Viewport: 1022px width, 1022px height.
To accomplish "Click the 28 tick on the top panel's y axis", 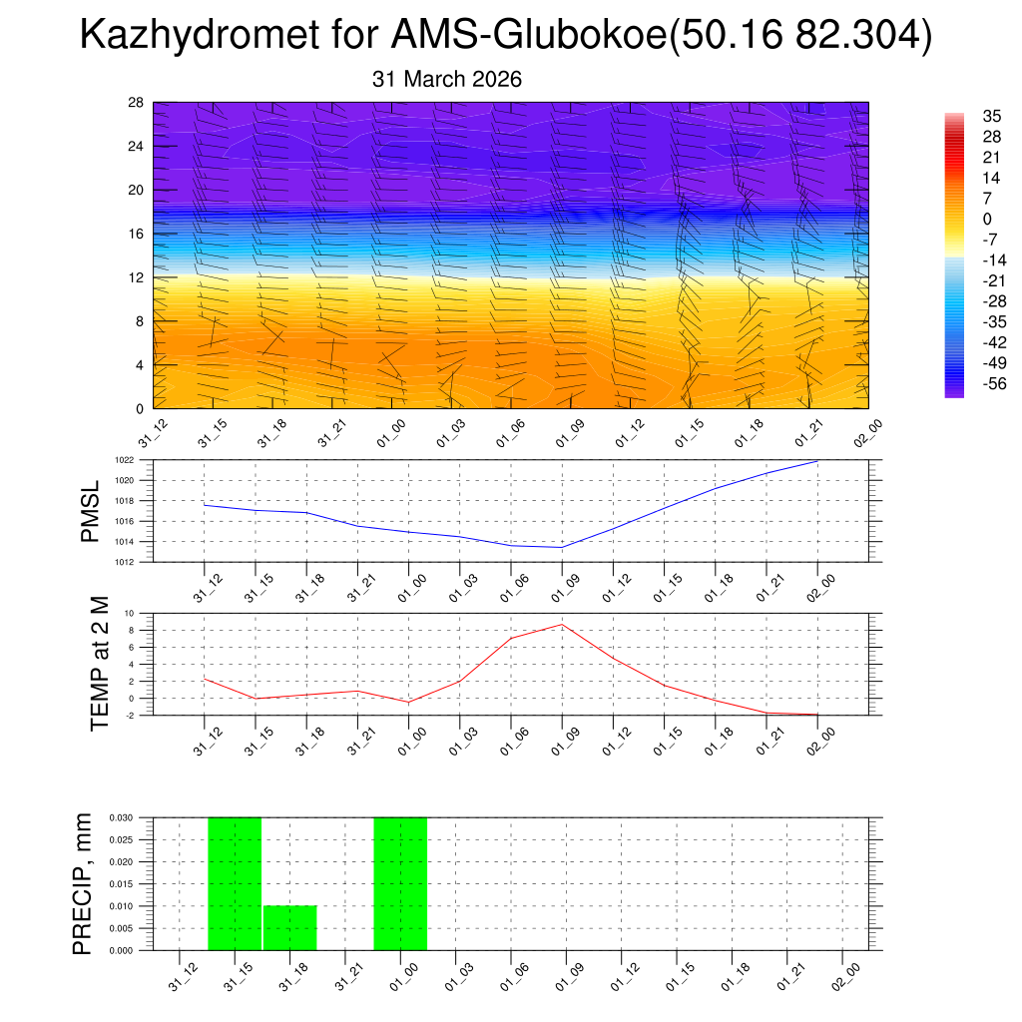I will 137,102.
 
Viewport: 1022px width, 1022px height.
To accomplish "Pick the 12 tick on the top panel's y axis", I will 137,277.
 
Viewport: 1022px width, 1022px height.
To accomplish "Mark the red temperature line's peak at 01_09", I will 562,625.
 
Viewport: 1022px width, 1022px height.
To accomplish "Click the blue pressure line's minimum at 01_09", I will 562,547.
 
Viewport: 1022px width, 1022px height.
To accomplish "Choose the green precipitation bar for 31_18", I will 290,927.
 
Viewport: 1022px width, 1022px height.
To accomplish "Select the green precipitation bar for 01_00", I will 400,883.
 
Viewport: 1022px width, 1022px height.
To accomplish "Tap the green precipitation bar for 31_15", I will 235,883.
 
